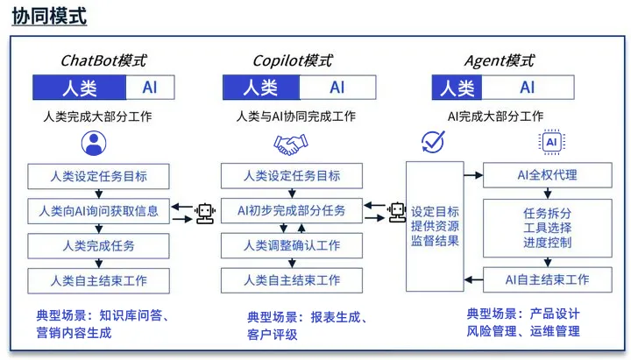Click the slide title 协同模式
[x=49, y=17]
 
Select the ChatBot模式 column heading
[x=103, y=60]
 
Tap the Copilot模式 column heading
[x=292, y=60]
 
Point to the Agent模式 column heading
[x=500, y=60]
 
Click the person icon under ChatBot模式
[x=93, y=143]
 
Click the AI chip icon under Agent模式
[x=552, y=142]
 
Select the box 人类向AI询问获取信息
[x=98, y=211]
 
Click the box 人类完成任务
[x=98, y=245]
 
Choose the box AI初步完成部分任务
[x=292, y=211]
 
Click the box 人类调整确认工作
[x=292, y=245]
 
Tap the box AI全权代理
[x=547, y=175]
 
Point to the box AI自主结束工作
[x=547, y=280]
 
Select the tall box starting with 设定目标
[x=435, y=226]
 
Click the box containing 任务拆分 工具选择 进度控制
[x=547, y=228]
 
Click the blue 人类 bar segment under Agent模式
[x=457, y=88]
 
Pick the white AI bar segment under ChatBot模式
[x=150, y=88]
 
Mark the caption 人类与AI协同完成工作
[x=295, y=116]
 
